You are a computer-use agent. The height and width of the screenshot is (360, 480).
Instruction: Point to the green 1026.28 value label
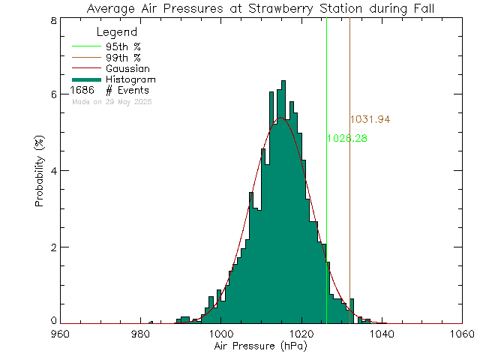pos(346,139)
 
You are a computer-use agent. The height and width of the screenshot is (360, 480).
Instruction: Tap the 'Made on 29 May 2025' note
pos(112,101)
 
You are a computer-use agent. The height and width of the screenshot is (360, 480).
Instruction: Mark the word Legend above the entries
pos(117,32)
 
